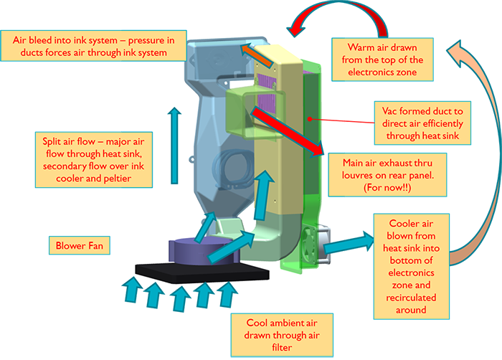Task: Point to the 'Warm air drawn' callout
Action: pyautogui.click(x=386, y=58)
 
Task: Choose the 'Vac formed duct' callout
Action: pyautogui.click(x=421, y=120)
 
